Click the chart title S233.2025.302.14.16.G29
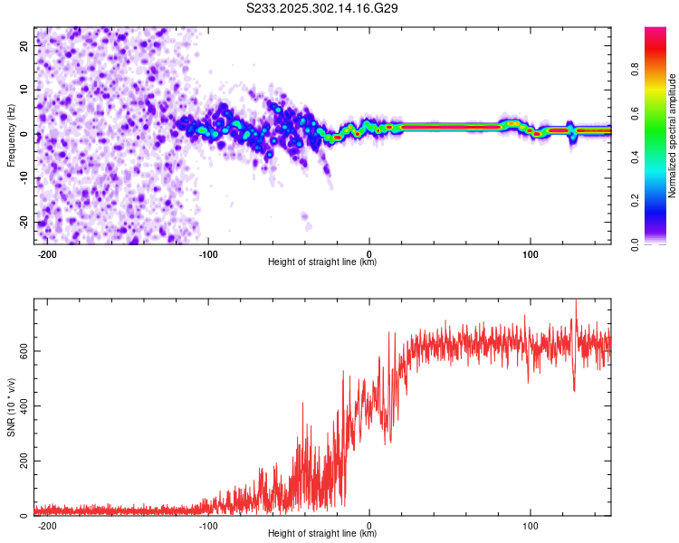click(323, 8)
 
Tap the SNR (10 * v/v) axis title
click(11, 407)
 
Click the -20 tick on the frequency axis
click(23, 223)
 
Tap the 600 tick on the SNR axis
click(21, 350)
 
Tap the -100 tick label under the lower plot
click(208, 525)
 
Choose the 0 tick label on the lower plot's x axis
click(369, 525)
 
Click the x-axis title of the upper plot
click(322, 262)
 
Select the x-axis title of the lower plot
click(322, 535)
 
